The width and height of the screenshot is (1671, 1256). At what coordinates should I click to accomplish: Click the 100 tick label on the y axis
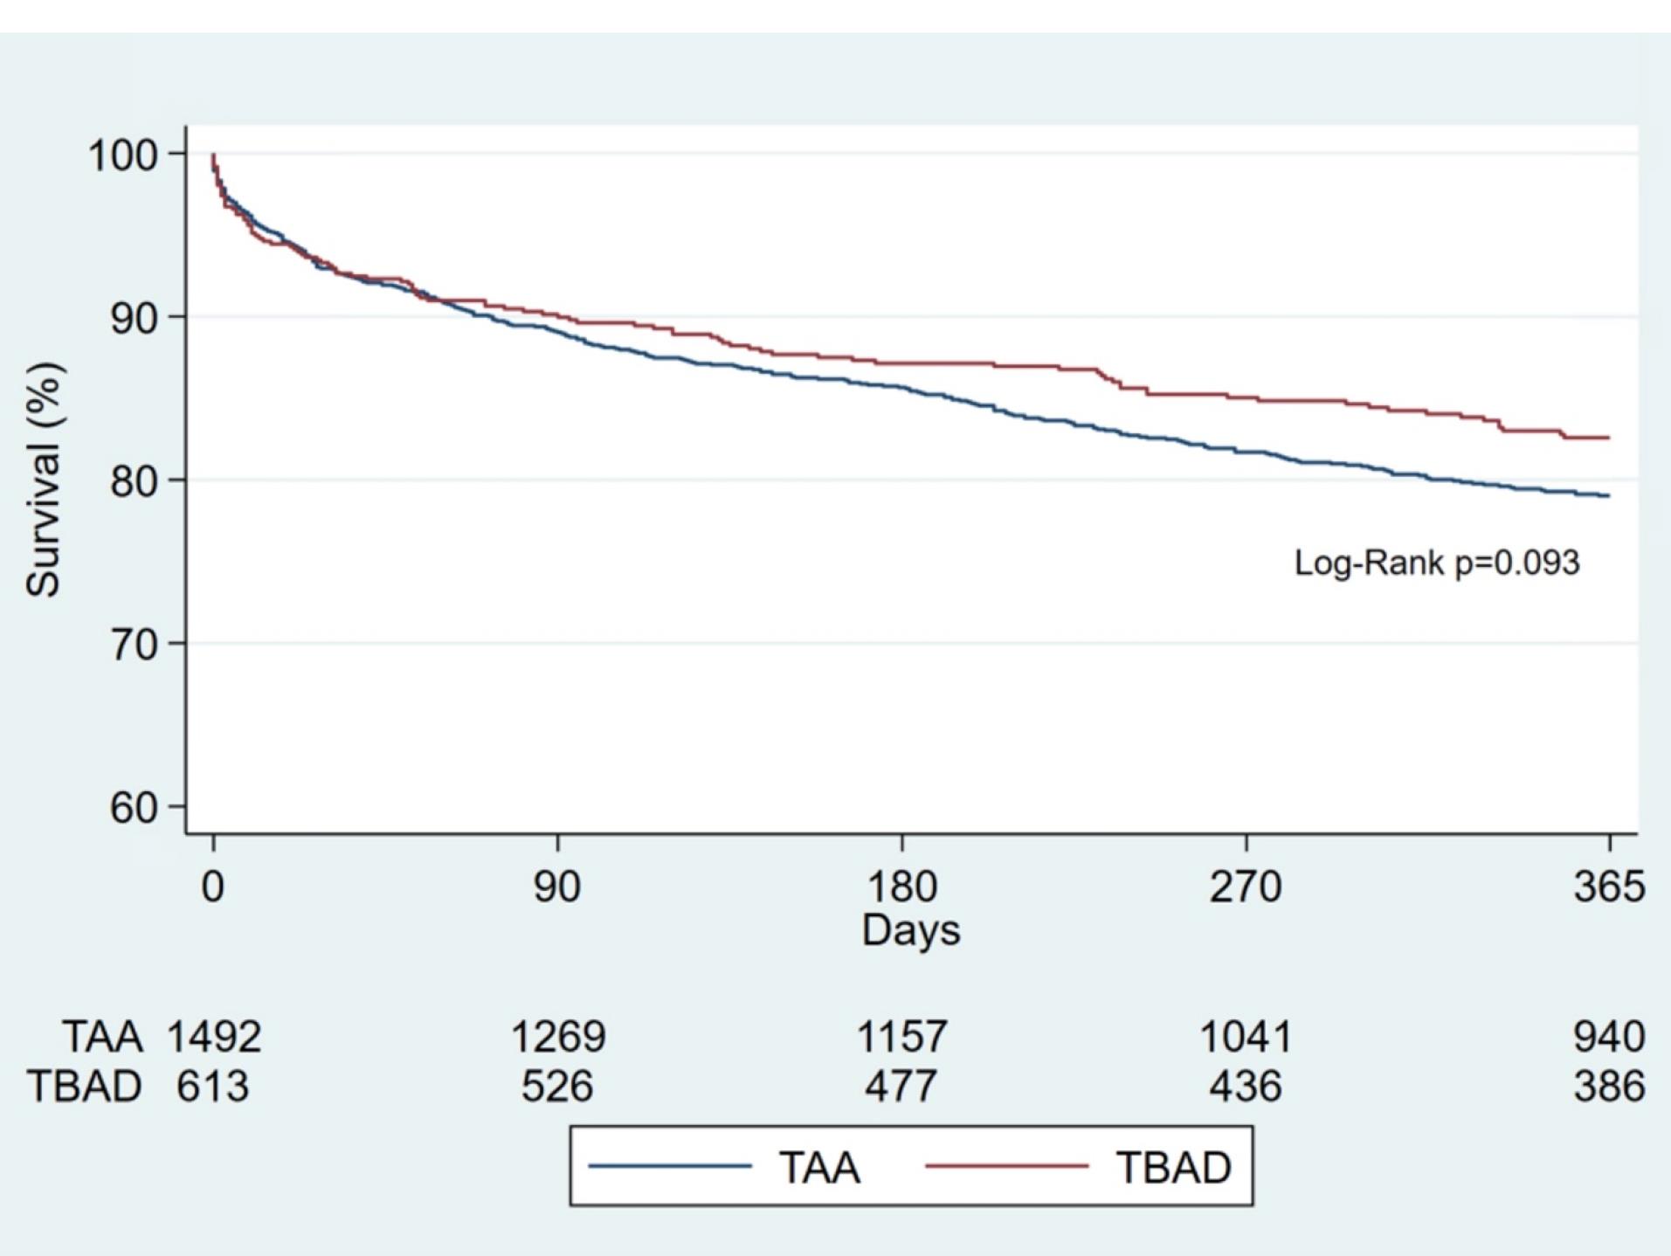(122, 155)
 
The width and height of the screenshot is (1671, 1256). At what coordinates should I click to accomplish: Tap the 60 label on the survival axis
(134, 807)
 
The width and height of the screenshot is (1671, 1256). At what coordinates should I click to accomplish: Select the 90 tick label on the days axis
(557, 887)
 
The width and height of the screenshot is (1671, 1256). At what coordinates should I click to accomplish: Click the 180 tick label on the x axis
(901, 887)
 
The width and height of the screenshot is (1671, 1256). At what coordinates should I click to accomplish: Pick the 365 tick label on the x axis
(1609, 887)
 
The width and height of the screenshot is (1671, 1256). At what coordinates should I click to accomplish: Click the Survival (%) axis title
(43, 480)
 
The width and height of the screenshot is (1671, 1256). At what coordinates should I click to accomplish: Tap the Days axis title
(911, 929)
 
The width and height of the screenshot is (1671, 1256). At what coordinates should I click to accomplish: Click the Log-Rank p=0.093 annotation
(1437, 562)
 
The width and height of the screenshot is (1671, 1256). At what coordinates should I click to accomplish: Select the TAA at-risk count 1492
(214, 1037)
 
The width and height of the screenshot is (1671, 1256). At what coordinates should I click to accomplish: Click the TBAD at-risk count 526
(557, 1087)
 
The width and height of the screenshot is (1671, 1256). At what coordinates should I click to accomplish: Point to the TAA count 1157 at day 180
(901, 1037)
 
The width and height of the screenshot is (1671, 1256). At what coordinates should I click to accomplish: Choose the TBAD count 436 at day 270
(1246, 1087)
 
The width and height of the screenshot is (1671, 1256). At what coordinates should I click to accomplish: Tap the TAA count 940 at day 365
(1609, 1037)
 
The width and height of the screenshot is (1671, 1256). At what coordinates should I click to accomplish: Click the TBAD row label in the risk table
(84, 1087)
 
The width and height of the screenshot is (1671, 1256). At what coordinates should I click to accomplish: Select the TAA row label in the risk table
(102, 1037)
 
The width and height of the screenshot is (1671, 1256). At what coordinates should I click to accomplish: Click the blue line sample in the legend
(670, 1166)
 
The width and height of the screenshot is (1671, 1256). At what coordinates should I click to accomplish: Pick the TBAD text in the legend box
(1173, 1167)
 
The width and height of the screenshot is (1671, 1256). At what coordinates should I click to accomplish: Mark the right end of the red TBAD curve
(1609, 438)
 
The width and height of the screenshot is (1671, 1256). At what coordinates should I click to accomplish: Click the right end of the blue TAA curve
(1609, 496)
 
